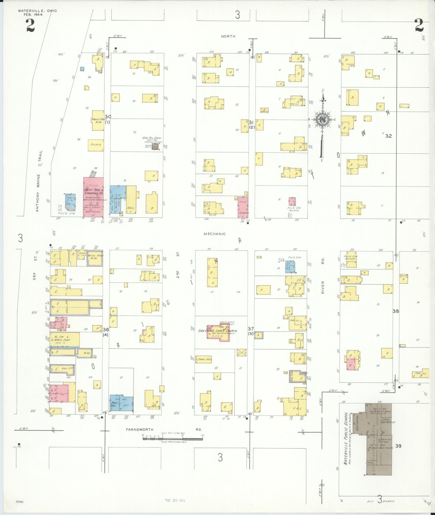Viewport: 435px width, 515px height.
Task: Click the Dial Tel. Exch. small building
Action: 155,146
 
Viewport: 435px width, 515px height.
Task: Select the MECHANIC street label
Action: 215,234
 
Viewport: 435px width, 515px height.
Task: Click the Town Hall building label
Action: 205,359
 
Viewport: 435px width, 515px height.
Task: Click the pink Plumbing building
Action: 243,207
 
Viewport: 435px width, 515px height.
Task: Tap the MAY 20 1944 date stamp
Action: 175,500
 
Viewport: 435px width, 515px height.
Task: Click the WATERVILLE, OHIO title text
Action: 37,11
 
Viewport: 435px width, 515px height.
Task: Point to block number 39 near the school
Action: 399,446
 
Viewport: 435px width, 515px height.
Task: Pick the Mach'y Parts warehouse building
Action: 98,121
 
